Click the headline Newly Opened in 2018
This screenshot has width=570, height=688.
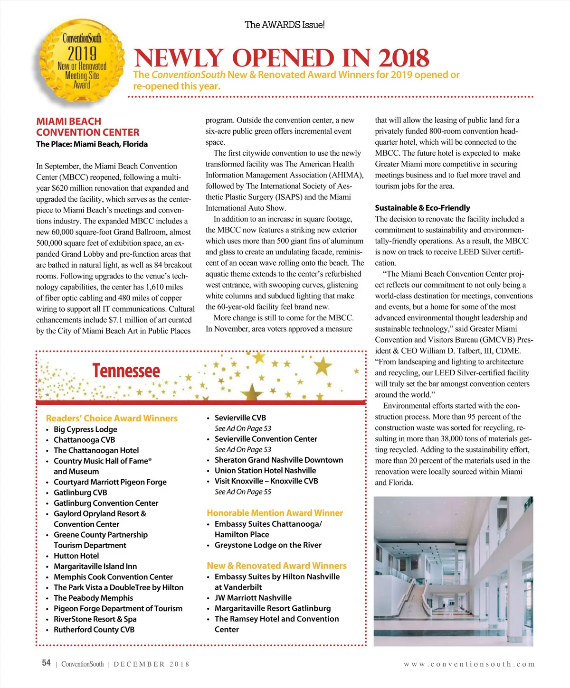[282, 58]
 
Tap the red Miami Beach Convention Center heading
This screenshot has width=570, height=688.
[87, 127]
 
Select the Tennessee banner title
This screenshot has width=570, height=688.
[126, 371]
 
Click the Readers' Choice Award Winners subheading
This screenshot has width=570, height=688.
[112, 418]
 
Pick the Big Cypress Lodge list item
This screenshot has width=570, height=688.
[85, 429]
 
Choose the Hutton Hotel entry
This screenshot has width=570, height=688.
[76, 556]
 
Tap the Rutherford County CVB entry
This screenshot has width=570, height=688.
[94, 630]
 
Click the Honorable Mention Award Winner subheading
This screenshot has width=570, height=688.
[275, 513]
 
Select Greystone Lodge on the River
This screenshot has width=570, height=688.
[268, 545]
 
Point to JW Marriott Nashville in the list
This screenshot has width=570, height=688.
[253, 598]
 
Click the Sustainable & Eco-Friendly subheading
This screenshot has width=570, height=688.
[422, 208]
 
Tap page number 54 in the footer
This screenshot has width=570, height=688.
[46, 663]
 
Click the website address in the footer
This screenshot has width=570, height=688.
[469, 664]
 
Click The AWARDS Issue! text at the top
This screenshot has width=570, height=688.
[285, 25]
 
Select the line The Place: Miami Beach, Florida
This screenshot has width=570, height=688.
[92, 144]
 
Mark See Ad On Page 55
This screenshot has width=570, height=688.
[243, 492]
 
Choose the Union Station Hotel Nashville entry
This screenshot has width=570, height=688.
[265, 470]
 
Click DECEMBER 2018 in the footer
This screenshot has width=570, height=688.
[152, 664]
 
